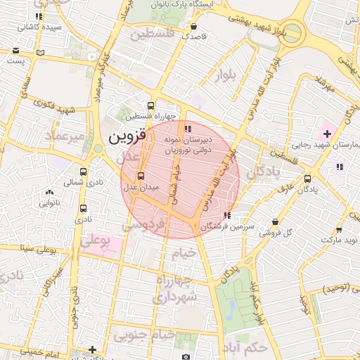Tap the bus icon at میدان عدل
point(141,176)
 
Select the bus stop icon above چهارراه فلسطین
point(150,106)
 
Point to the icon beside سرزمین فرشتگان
point(226,216)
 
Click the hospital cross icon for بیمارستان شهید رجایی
point(327,133)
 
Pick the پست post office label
point(15,61)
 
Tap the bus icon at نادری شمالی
point(84,172)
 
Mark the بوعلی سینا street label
point(25,247)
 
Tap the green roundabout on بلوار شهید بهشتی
point(293,32)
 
